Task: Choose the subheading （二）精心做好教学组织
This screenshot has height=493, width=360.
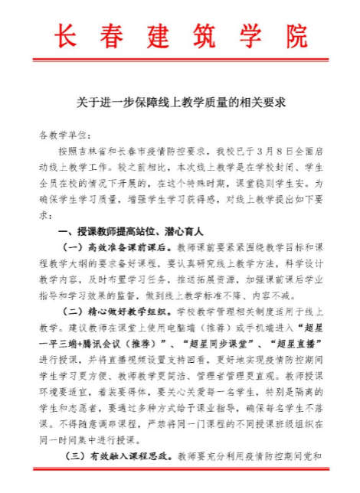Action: point(116,312)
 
